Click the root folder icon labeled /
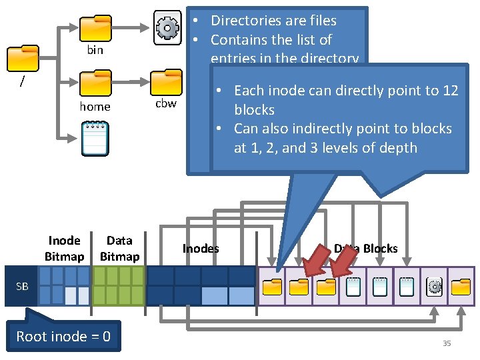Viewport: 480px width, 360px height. (x=22, y=58)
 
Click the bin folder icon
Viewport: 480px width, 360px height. (x=95, y=28)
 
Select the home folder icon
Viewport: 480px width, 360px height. (x=95, y=84)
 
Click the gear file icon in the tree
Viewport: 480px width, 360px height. (x=167, y=27)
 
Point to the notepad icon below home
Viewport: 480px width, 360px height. (x=95, y=138)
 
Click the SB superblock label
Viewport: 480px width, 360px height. (x=23, y=286)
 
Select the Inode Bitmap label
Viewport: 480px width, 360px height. (x=65, y=248)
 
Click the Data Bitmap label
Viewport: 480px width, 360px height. (x=119, y=248)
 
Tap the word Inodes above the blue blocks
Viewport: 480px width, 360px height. (x=201, y=249)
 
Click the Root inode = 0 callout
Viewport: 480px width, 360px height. (x=63, y=336)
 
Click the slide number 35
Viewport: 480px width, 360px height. (x=447, y=343)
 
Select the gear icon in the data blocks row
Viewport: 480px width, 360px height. (x=434, y=287)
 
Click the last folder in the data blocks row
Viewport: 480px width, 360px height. (x=461, y=287)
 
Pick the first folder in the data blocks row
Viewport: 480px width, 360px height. (x=271, y=287)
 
